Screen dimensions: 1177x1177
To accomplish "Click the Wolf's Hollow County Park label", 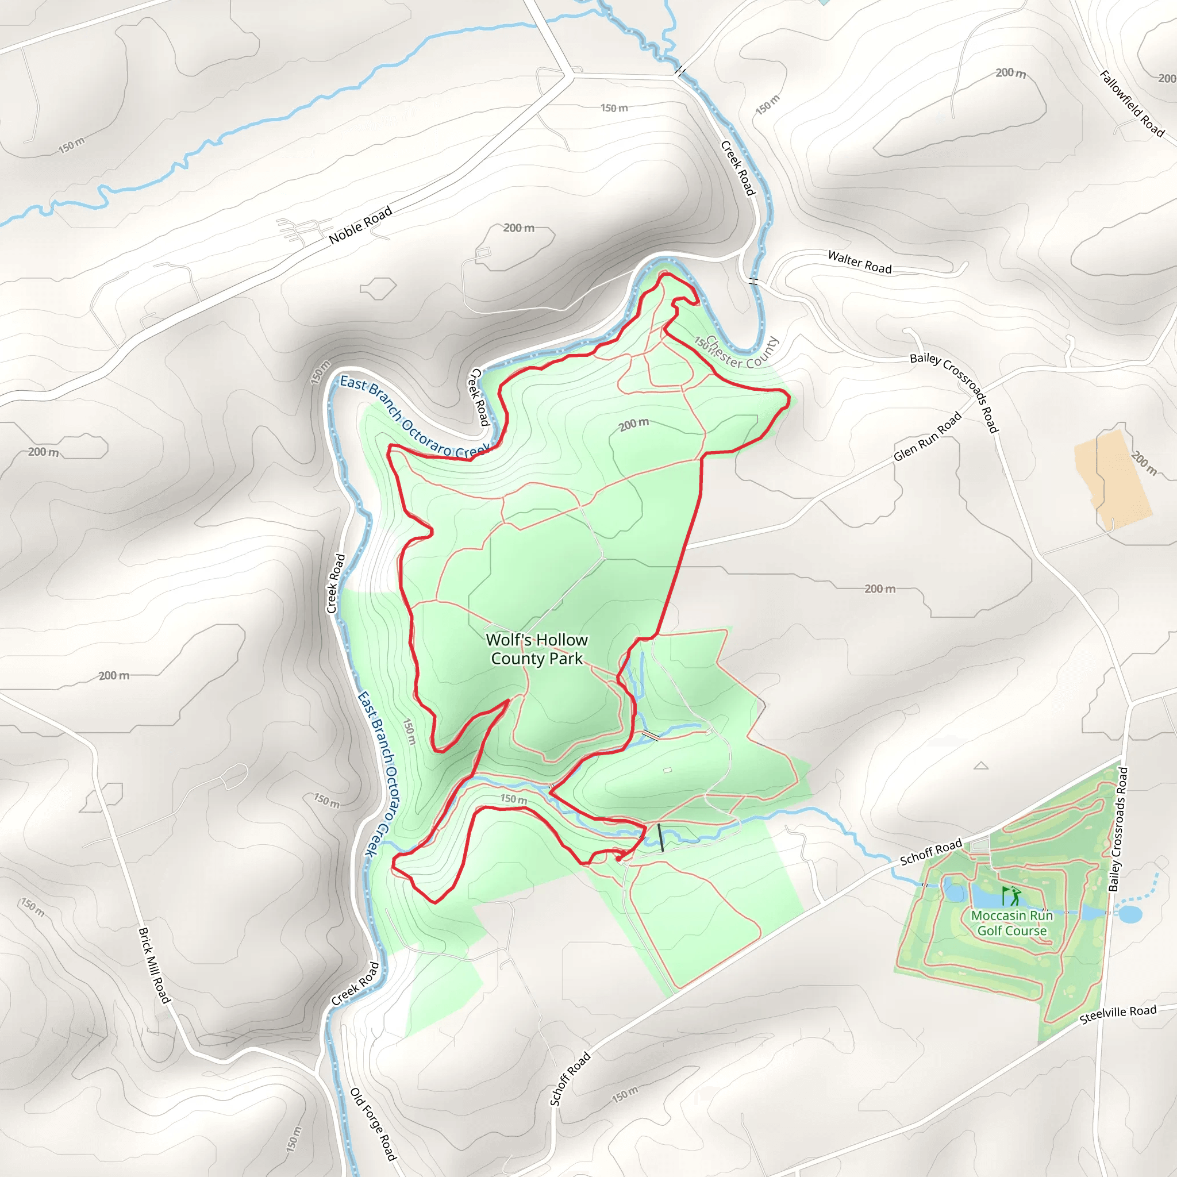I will (536, 649).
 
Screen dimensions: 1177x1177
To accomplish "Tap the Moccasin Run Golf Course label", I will (1012, 923).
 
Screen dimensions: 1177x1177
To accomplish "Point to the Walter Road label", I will (860, 262).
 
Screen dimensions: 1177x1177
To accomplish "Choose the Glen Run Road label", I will (927, 436).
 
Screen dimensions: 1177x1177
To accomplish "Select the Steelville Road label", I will (1117, 1014).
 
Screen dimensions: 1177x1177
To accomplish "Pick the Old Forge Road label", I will (373, 1124).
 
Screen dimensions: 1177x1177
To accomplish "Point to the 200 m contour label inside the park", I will (633, 425).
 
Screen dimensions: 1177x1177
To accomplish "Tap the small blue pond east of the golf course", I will (1129, 914).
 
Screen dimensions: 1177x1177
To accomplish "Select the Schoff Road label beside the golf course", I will (930, 852).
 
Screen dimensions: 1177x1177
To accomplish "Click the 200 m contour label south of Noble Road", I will (518, 228).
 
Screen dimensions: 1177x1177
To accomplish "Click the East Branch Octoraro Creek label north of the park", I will (414, 418).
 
